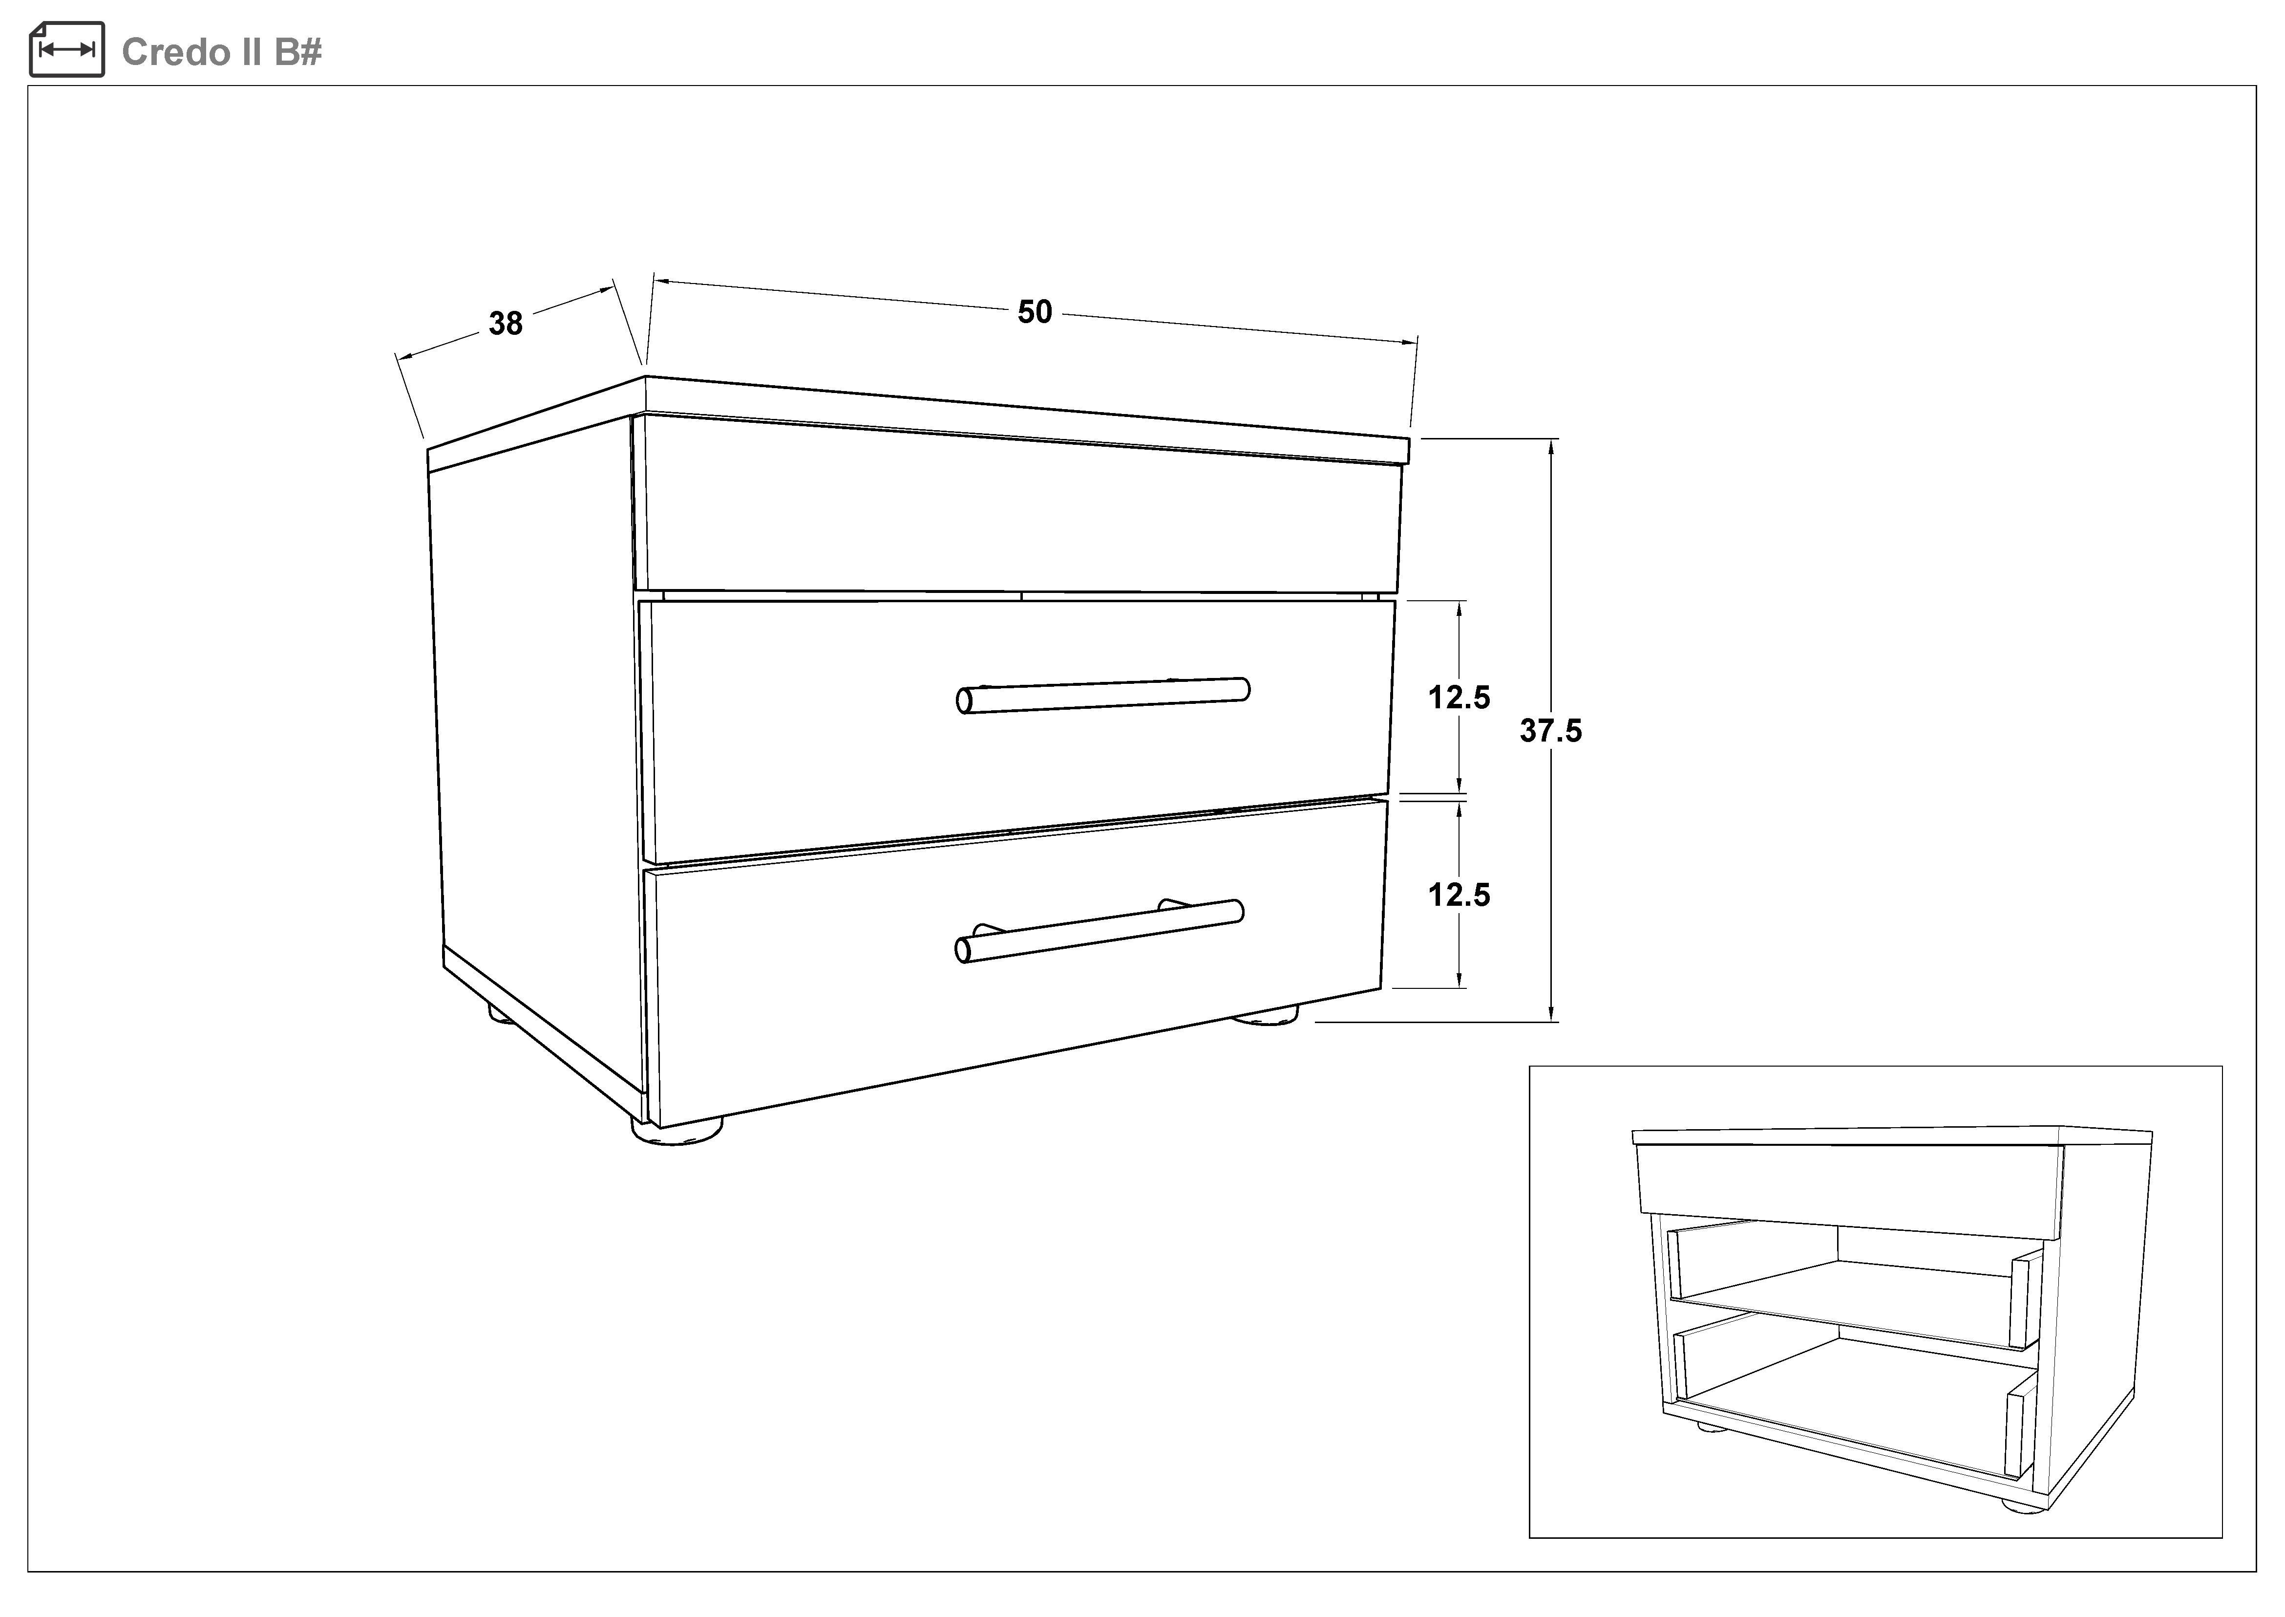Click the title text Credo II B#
pos(221,52)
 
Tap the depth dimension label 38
pos(506,324)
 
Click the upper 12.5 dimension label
pos(1459,698)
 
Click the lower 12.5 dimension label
pos(1459,895)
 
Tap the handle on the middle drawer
pos(1103,696)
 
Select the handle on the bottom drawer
pos(1099,931)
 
